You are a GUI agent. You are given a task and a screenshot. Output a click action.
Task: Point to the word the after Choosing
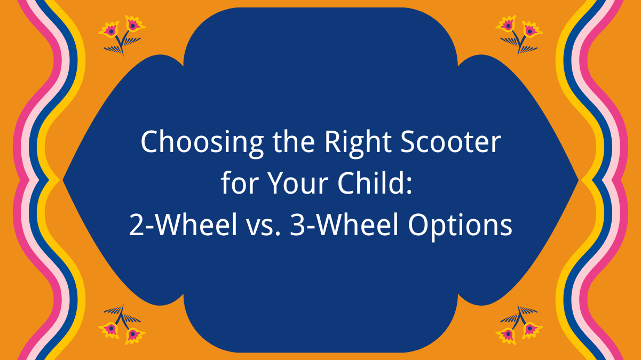281,143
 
